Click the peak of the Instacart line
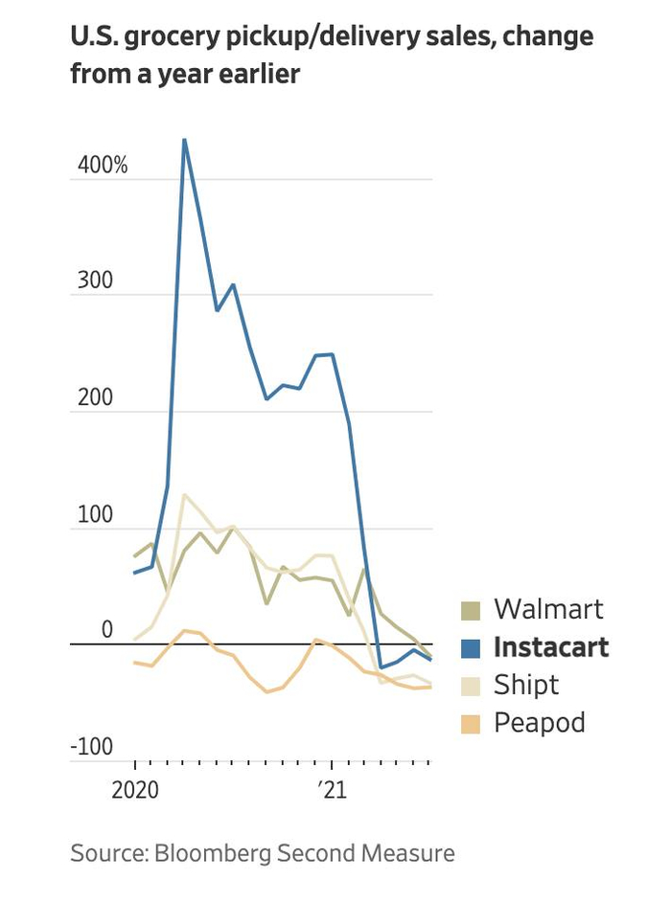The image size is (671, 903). tap(184, 140)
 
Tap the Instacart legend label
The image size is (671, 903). tap(550, 646)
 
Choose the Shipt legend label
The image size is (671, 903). tap(525, 685)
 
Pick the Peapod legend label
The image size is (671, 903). tap(539, 722)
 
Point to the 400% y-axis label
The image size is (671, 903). tap(103, 166)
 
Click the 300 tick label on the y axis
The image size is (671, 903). tap(94, 282)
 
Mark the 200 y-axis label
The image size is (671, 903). tap(94, 399)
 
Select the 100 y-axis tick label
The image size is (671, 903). tap(94, 516)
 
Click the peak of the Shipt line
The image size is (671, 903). tap(184, 495)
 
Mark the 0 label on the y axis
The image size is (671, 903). tap(107, 631)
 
